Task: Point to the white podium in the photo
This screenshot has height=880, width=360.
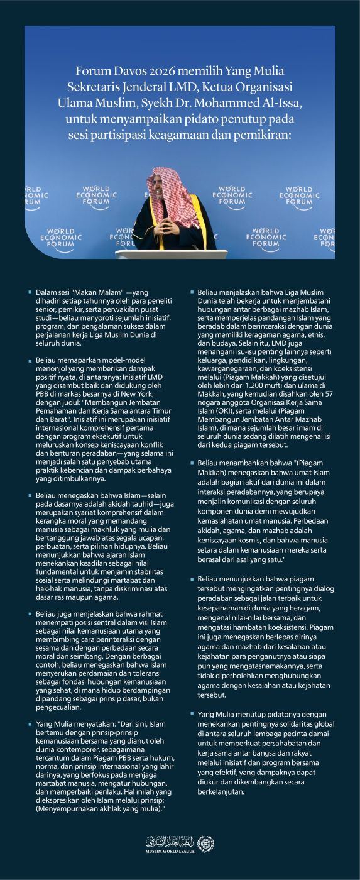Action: coord(170,253)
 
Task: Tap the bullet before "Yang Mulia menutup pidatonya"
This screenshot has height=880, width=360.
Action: coord(192,715)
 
